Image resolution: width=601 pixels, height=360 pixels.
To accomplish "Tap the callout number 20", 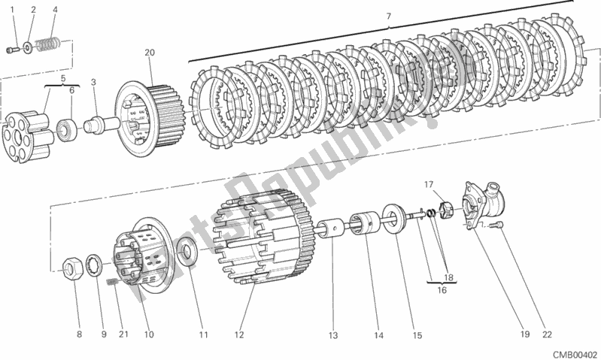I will coord(149,53).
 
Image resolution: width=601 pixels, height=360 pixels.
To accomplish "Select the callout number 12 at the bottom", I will coord(240,335).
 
